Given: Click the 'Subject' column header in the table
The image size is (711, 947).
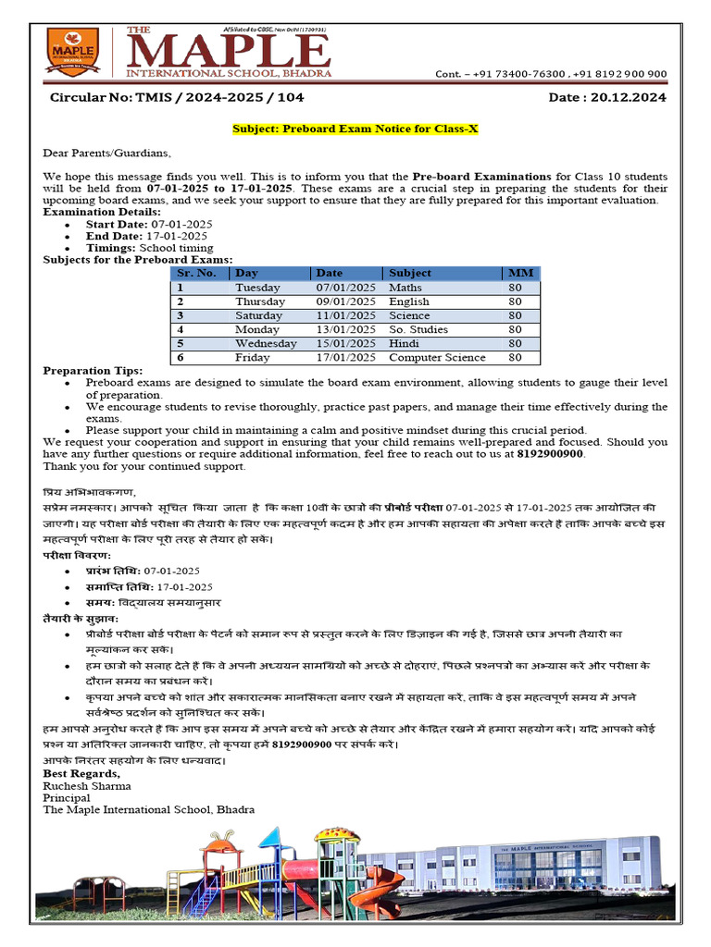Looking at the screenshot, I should coord(410,273).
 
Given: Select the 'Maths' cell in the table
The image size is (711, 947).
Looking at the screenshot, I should coord(405,288).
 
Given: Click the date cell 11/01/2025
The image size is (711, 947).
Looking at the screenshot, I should coord(345,315).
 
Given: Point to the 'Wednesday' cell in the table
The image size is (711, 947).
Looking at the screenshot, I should coord(266,343).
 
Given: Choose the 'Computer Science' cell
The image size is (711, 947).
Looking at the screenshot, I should coord(436,357).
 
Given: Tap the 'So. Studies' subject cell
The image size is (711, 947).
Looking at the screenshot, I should coord(418,329).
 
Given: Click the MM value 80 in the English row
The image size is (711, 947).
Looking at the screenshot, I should coord(516,301).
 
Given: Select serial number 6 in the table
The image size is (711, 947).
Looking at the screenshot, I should coord(181,357).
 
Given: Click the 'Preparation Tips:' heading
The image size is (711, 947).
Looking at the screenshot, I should coord(94,371).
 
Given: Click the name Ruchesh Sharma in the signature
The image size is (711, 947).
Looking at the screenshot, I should coord(87,786).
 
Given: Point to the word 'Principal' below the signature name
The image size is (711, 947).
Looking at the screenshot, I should coord(67,797).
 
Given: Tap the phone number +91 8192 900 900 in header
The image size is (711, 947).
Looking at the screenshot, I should coord(617,74).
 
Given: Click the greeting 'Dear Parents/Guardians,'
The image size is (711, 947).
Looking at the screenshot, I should coord(106,153).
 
